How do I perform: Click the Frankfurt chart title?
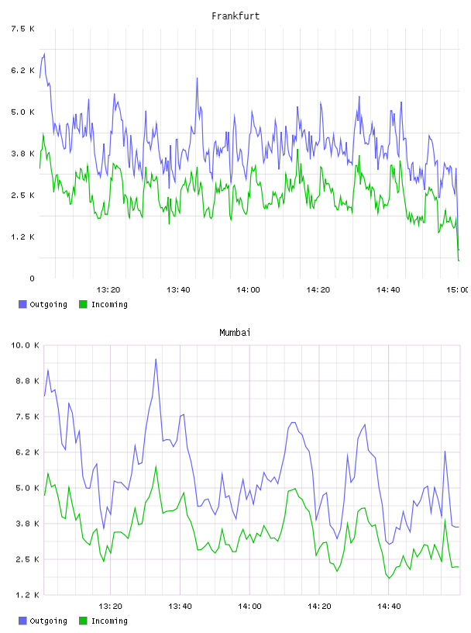[235, 16]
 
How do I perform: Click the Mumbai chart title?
[235, 333]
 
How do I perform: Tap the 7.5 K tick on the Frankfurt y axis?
[22, 29]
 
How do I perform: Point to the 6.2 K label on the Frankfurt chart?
[22, 71]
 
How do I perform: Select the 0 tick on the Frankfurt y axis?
[32, 278]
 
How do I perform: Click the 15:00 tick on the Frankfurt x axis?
[457, 290]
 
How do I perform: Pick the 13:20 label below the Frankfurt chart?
[108, 290]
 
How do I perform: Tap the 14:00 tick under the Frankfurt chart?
[248, 290]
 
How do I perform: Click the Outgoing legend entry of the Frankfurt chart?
[43, 304]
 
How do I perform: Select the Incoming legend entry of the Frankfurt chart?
[103, 304]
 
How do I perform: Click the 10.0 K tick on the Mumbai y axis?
[25, 345]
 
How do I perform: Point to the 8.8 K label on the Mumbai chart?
[27, 381]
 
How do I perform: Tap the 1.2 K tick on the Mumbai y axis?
[27, 595]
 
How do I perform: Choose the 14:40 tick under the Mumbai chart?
[389, 607]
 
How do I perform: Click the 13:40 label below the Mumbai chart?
[180, 607]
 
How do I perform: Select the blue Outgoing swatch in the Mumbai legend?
[22, 621]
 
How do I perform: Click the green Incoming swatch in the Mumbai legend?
[83, 621]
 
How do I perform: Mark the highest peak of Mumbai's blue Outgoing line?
[156, 359]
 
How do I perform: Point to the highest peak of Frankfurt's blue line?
[44, 54]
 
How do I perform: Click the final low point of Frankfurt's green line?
[459, 261]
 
